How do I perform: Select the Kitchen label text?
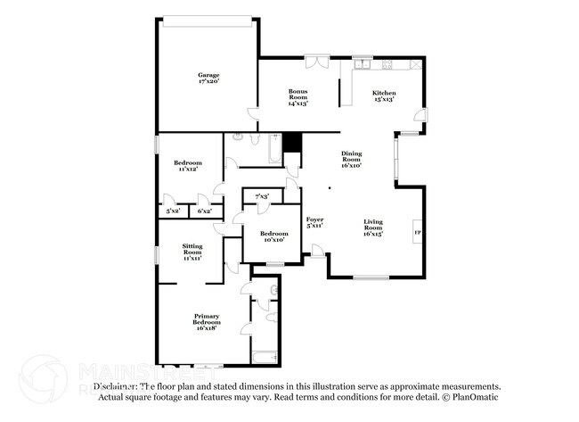[x=384, y=94]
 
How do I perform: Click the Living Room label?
[x=372, y=228]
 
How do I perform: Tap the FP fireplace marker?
[x=417, y=233]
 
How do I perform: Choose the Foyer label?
[x=314, y=222]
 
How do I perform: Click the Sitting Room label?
[x=192, y=252]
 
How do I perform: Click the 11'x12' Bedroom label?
[x=187, y=166]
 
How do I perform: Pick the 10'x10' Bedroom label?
[x=273, y=236]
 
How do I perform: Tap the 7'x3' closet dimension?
[x=262, y=196]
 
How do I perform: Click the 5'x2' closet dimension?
[x=174, y=211]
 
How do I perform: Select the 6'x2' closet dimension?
[x=204, y=211]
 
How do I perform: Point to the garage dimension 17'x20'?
[x=208, y=82]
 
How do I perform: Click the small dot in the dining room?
[x=329, y=188]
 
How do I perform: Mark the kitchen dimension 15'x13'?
[x=384, y=99]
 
